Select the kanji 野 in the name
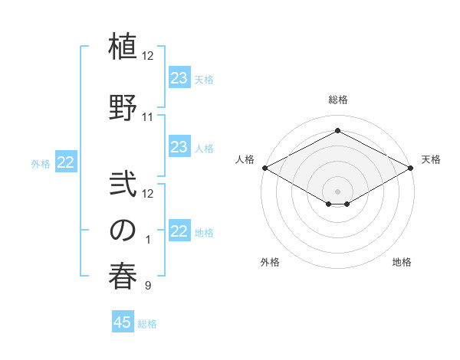tap(123, 107)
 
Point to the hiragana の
tap(123, 231)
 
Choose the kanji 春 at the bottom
tap(123, 275)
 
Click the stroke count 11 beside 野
tap(147, 117)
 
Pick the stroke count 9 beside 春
tap(147, 286)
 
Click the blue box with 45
tap(123, 322)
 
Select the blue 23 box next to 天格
tap(179, 78)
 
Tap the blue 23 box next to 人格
tap(179, 147)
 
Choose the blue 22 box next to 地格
tap(179, 231)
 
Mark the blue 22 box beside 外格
tap(66, 162)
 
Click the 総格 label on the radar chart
tap(337, 100)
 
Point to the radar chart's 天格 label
tap(431, 159)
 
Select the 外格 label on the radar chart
tap(270, 262)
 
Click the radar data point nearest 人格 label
tap(264, 168)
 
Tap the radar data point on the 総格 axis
tap(337, 131)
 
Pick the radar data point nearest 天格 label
tap(411, 168)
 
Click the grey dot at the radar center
tap(337, 191)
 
